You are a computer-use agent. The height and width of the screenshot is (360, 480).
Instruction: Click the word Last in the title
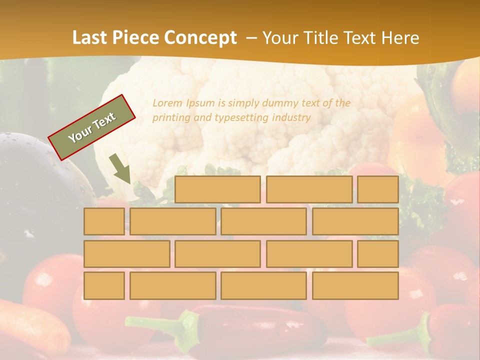pyautogui.click(x=90, y=37)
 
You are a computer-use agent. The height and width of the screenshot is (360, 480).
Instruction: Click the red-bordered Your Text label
pyautogui.click(x=91, y=127)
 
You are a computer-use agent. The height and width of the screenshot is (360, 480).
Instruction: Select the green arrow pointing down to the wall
pyautogui.click(x=120, y=169)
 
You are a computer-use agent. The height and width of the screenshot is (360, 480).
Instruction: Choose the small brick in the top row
pyautogui.click(x=377, y=189)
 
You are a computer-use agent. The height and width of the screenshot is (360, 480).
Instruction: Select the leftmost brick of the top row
pyautogui.click(x=217, y=189)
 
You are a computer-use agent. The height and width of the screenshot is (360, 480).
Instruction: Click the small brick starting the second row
pyautogui.click(x=104, y=221)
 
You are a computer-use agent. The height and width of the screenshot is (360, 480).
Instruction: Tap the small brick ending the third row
pyautogui.click(x=377, y=253)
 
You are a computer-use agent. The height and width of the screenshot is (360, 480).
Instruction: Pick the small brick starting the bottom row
pyautogui.click(x=104, y=285)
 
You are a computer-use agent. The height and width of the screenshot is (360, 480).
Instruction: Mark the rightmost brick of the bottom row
pyautogui.click(x=355, y=285)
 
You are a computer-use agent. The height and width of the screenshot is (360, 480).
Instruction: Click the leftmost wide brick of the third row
pyautogui.click(x=126, y=253)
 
